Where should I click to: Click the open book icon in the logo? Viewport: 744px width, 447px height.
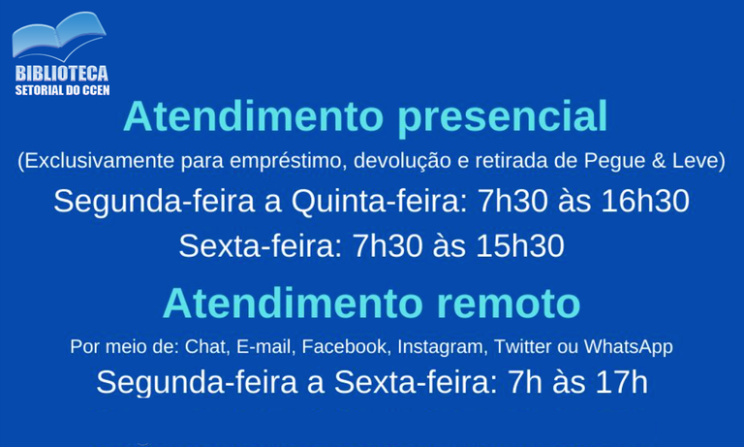coord(57,37)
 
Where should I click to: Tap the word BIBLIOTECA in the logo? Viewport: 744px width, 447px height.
coord(61,74)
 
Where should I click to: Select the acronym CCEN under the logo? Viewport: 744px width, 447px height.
coord(94,90)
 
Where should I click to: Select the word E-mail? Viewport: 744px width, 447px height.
coord(264,346)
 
